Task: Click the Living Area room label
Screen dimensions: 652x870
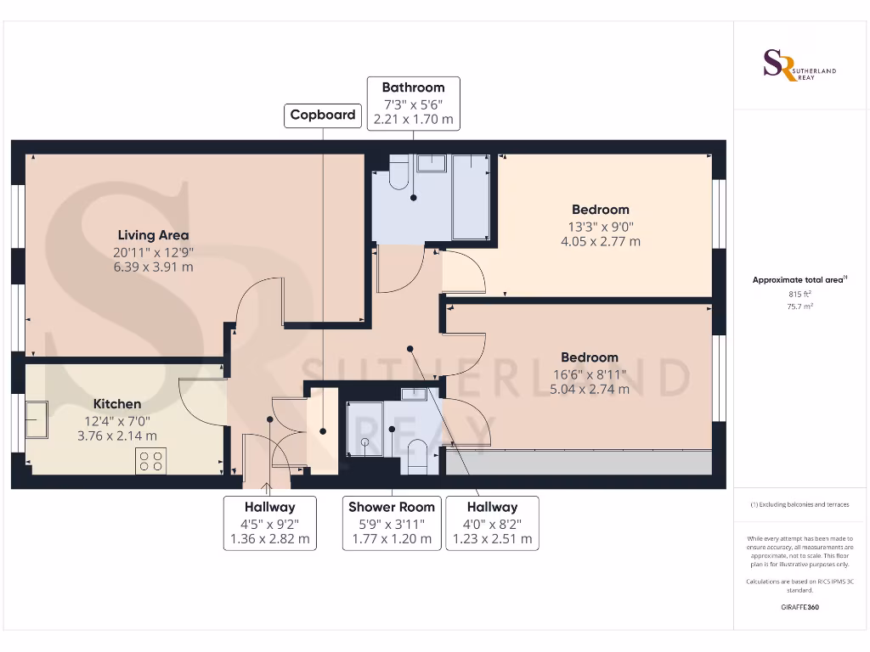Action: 153,235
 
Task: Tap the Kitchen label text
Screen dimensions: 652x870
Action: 117,404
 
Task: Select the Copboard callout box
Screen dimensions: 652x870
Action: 323,115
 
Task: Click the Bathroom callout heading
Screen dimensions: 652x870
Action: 413,87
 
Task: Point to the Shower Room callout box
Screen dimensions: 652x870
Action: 392,523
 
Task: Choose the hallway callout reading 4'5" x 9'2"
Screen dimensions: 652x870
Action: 269,523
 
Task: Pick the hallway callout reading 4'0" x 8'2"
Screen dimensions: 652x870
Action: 492,523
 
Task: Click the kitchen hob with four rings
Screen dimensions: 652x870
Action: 151,461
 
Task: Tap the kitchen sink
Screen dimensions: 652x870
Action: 37,420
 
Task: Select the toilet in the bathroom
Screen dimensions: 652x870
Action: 398,175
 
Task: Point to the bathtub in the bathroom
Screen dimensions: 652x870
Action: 471,197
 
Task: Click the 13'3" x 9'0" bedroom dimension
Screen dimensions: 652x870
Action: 600,227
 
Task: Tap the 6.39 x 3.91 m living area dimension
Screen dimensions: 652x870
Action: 153,267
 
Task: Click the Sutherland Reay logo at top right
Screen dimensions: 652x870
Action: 799,65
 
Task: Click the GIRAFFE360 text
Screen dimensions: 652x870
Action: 800,607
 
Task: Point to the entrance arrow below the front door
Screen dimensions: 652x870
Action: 268,488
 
